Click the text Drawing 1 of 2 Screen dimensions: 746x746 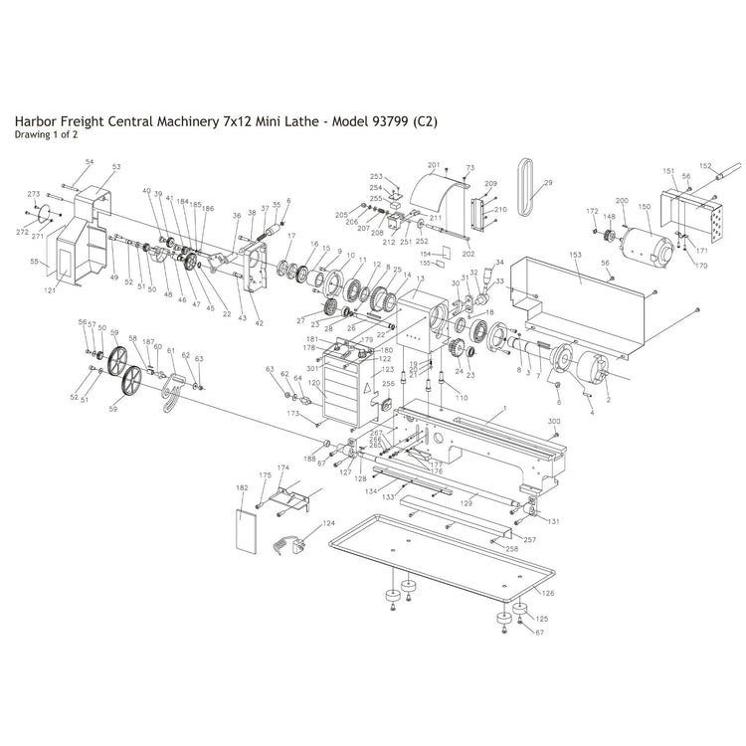[x=46, y=135]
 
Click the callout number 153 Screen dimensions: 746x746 [x=574, y=255]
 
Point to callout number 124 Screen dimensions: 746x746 [x=327, y=522]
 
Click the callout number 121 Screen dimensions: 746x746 [x=50, y=289]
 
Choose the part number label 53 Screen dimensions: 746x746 [x=115, y=166]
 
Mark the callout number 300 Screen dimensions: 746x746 [x=555, y=421]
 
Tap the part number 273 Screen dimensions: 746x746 [x=33, y=194]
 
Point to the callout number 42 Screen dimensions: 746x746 [x=260, y=323]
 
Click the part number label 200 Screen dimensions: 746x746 [x=622, y=201]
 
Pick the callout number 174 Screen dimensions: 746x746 [x=282, y=466]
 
